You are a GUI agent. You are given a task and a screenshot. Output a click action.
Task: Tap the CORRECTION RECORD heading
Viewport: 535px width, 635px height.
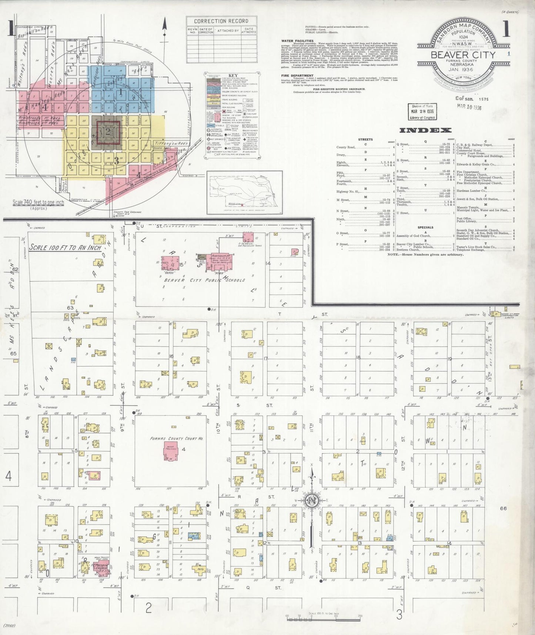(x=221, y=21)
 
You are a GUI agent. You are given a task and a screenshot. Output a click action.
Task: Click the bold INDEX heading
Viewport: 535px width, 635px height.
(x=425, y=130)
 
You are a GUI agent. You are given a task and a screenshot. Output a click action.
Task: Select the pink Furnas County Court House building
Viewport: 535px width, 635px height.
(x=170, y=451)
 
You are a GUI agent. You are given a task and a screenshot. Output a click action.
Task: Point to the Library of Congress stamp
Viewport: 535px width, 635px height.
(x=422, y=112)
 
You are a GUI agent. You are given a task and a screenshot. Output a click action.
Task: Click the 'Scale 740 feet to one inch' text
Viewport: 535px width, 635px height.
(x=38, y=202)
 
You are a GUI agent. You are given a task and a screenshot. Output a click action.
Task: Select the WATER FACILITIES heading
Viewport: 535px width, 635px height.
(x=297, y=41)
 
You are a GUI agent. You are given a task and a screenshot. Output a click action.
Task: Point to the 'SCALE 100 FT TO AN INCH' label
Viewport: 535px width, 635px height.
(x=65, y=247)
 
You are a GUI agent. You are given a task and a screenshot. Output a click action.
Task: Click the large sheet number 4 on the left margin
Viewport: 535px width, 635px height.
(x=8, y=476)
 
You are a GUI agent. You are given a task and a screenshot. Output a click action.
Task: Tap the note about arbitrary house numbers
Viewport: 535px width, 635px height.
(x=425, y=255)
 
